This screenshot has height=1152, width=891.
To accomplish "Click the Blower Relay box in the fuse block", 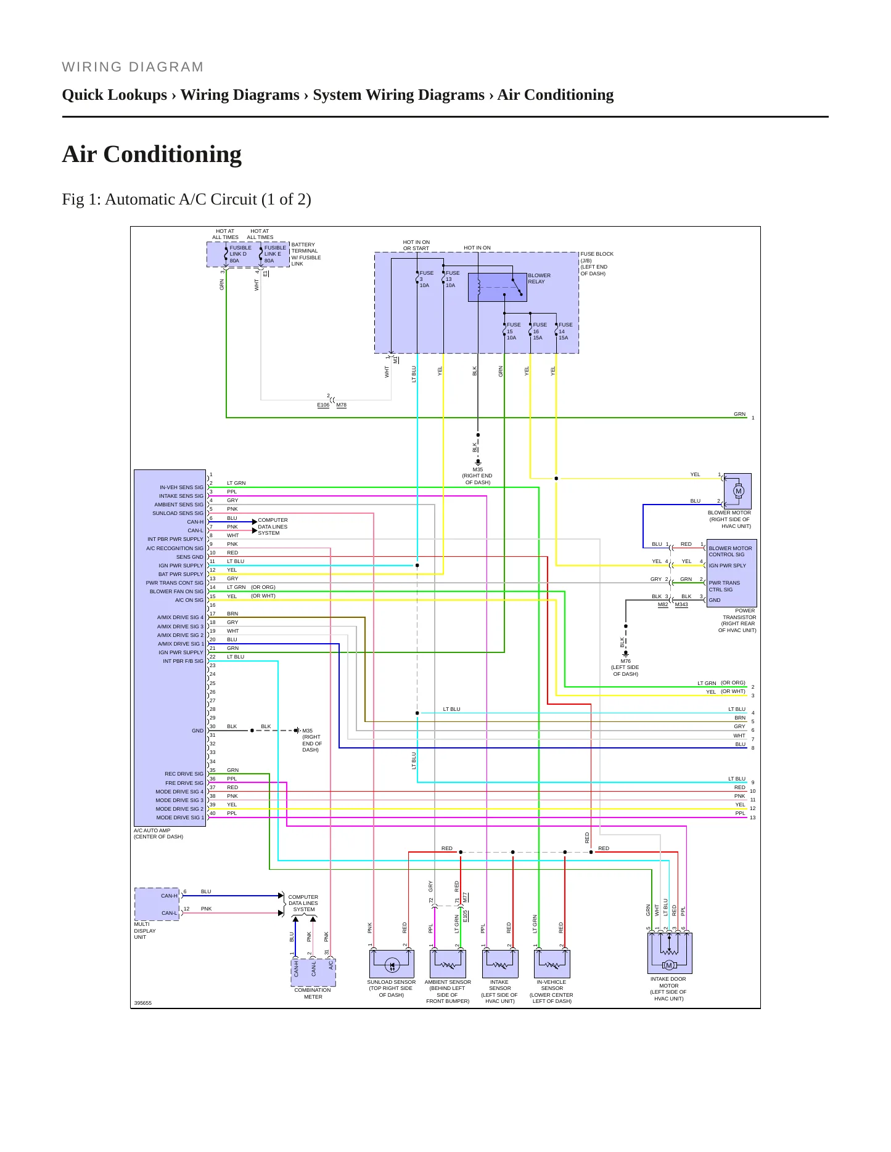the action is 497,287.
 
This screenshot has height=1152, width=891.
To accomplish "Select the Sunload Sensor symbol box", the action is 392,963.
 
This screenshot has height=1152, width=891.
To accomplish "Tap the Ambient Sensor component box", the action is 448,963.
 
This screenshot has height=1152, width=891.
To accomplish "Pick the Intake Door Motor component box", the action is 670,953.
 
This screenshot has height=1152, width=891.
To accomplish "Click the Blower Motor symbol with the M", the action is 737,491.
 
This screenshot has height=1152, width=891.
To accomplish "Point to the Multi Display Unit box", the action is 157,904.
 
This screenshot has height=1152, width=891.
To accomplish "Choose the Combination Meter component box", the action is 313,972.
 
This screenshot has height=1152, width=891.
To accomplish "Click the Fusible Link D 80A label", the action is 240,254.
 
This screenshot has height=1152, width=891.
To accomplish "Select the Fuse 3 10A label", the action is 426,279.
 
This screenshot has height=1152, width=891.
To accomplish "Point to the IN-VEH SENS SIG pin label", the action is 181,487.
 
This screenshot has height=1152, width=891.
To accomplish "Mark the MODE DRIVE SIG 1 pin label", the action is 179,817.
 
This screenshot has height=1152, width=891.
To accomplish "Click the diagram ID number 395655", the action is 142,1003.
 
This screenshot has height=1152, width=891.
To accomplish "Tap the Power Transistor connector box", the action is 731,573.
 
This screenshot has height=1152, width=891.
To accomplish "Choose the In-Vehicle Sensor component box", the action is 552,963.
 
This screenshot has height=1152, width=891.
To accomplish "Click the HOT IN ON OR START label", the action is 416,245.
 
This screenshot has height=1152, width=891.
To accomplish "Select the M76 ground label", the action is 626,661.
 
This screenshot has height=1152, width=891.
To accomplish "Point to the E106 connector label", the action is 323,405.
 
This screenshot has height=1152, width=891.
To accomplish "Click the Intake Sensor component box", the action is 500,963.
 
